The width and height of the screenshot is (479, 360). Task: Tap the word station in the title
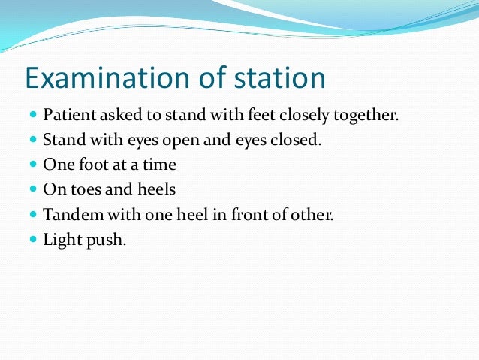pyautogui.click(x=273, y=80)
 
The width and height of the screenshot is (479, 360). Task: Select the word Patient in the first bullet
pyautogui.click(x=67, y=116)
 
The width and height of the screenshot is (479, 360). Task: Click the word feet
pyautogui.click(x=247, y=116)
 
